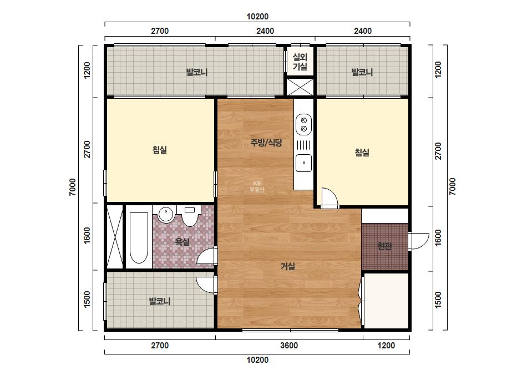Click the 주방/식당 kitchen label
(266, 143)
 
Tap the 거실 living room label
(288, 267)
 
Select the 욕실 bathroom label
(182, 242)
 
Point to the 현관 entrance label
(384, 246)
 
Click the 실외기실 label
(300, 62)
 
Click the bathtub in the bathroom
(139, 237)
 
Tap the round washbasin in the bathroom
(166, 214)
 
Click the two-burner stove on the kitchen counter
(303, 124)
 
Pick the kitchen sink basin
(303, 163)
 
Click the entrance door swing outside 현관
(419, 241)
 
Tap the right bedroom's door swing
(329, 198)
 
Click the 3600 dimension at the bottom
(289, 345)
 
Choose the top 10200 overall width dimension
(257, 16)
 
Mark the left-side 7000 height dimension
(72, 187)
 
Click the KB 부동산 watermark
(257, 186)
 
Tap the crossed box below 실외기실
(300, 87)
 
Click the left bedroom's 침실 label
(160, 150)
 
